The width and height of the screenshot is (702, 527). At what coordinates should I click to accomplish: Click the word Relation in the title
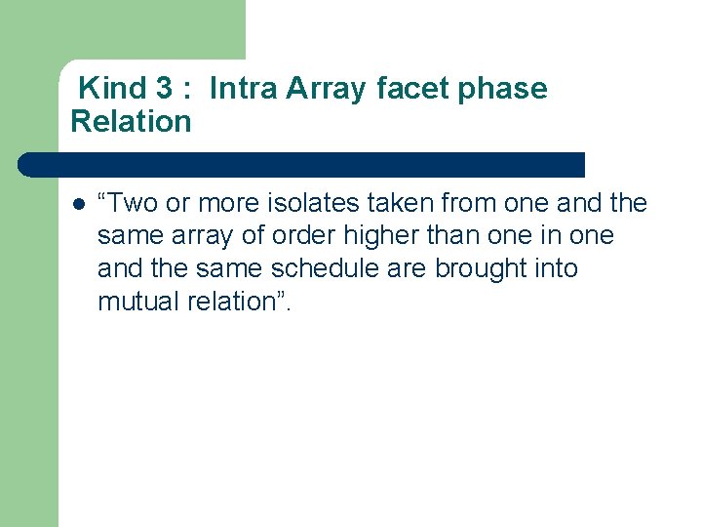[x=131, y=122]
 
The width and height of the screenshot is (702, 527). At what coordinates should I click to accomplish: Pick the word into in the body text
[x=555, y=268]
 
